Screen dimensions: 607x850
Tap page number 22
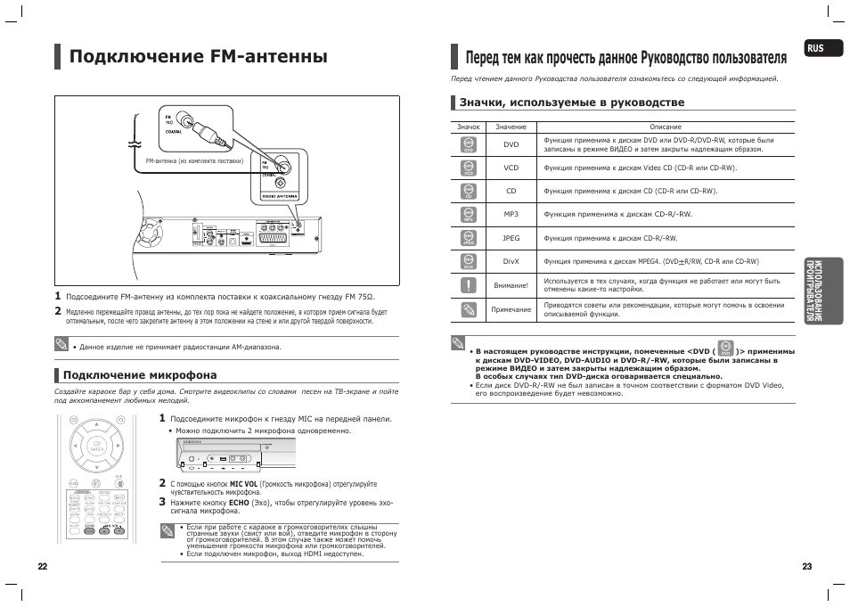pyautogui.click(x=42, y=567)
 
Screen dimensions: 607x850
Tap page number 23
pyautogui.click(x=807, y=567)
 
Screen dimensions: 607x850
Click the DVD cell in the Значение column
pyautogui.click(x=511, y=144)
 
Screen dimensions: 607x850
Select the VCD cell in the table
pyautogui.click(x=511, y=168)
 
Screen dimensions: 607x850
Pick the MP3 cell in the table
pyautogui.click(x=511, y=215)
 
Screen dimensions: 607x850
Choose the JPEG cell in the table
pyautogui.click(x=511, y=239)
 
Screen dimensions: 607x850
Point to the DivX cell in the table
pyautogui.click(x=511, y=262)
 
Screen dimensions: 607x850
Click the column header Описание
pyautogui.click(x=666, y=127)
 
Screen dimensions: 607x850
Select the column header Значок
pyautogui.click(x=469, y=127)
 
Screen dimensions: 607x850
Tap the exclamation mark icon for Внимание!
pyautogui.click(x=469, y=285)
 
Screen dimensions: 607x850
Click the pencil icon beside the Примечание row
pyautogui.click(x=469, y=309)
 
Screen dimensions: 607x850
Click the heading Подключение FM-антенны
pyautogui.click(x=198, y=57)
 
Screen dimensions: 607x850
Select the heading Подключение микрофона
pyautogui.click(x=140, y=375)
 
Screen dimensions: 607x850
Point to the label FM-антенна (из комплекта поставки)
pyautogui.click(x=193, y=161)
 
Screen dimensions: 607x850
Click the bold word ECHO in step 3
pyautogui.click(x=239, y=503)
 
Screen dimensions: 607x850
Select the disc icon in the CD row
pyautogui.click(x=469, y=192)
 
